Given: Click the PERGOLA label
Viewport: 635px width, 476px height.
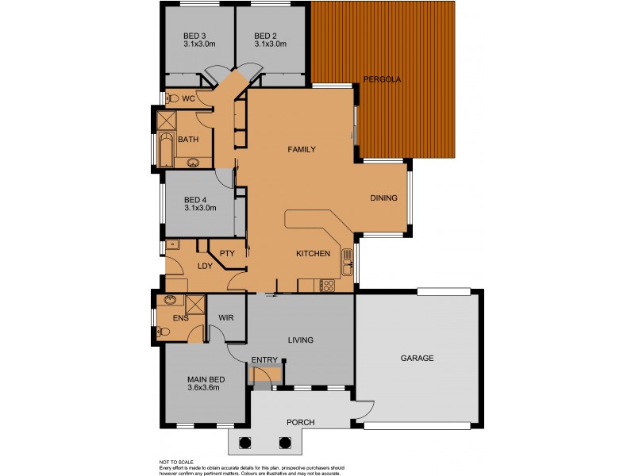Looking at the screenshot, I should (x=382, y=79).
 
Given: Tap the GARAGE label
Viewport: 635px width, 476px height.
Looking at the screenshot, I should (x=416, y=358).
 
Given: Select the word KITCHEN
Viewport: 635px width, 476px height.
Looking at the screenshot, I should (x=313, y=254).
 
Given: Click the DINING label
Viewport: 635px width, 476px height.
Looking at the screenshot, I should (x=383, y=198).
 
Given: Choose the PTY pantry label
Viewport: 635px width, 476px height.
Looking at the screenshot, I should (x=228, y=253).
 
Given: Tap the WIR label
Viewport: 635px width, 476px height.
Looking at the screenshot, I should (x=226, y=318).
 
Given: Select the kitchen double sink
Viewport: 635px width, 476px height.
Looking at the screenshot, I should (x=347, y=263).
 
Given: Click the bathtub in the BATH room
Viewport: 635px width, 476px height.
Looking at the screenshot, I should (x=165, y=150).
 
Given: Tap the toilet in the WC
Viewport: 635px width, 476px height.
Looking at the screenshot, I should (x=170, y=99).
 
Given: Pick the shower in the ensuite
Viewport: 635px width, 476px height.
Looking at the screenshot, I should (x=194, y=305).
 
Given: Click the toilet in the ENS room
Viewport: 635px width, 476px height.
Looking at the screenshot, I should (x=161, y=332).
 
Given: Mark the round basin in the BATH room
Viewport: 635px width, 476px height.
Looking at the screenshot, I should (x=193, y=163).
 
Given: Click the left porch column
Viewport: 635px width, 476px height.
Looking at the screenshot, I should (x=244, y=443).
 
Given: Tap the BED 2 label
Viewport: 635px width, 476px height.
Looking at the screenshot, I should (x=265, y=36).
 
